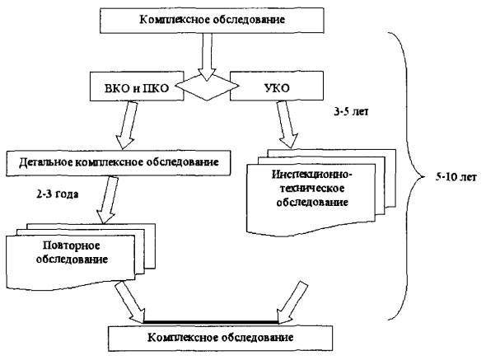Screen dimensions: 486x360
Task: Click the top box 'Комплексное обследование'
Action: click(212, 21)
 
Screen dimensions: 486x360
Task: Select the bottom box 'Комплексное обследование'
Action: click(221, 338)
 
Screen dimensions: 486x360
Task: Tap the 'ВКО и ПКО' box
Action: click(137, 86)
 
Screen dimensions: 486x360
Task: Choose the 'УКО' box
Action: click(277, 86)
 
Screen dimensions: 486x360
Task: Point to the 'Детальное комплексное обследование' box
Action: click(119, 163)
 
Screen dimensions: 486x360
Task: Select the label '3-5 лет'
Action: click(351, 112)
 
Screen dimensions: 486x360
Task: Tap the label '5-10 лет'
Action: click(456, 177)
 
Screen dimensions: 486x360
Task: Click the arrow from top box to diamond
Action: click(207, 57)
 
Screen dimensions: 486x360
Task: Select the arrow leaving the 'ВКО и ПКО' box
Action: click(127, 125)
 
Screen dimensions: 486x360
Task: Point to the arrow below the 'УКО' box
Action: click(287, 124)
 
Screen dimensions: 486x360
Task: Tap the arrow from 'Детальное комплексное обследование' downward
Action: click(107, 200)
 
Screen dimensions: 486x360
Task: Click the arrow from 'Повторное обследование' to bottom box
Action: click(130, 302)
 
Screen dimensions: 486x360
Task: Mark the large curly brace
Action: click(406, 176)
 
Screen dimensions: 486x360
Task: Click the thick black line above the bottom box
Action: click(211, 322)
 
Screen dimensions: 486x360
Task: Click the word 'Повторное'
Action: click(72, 245)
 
